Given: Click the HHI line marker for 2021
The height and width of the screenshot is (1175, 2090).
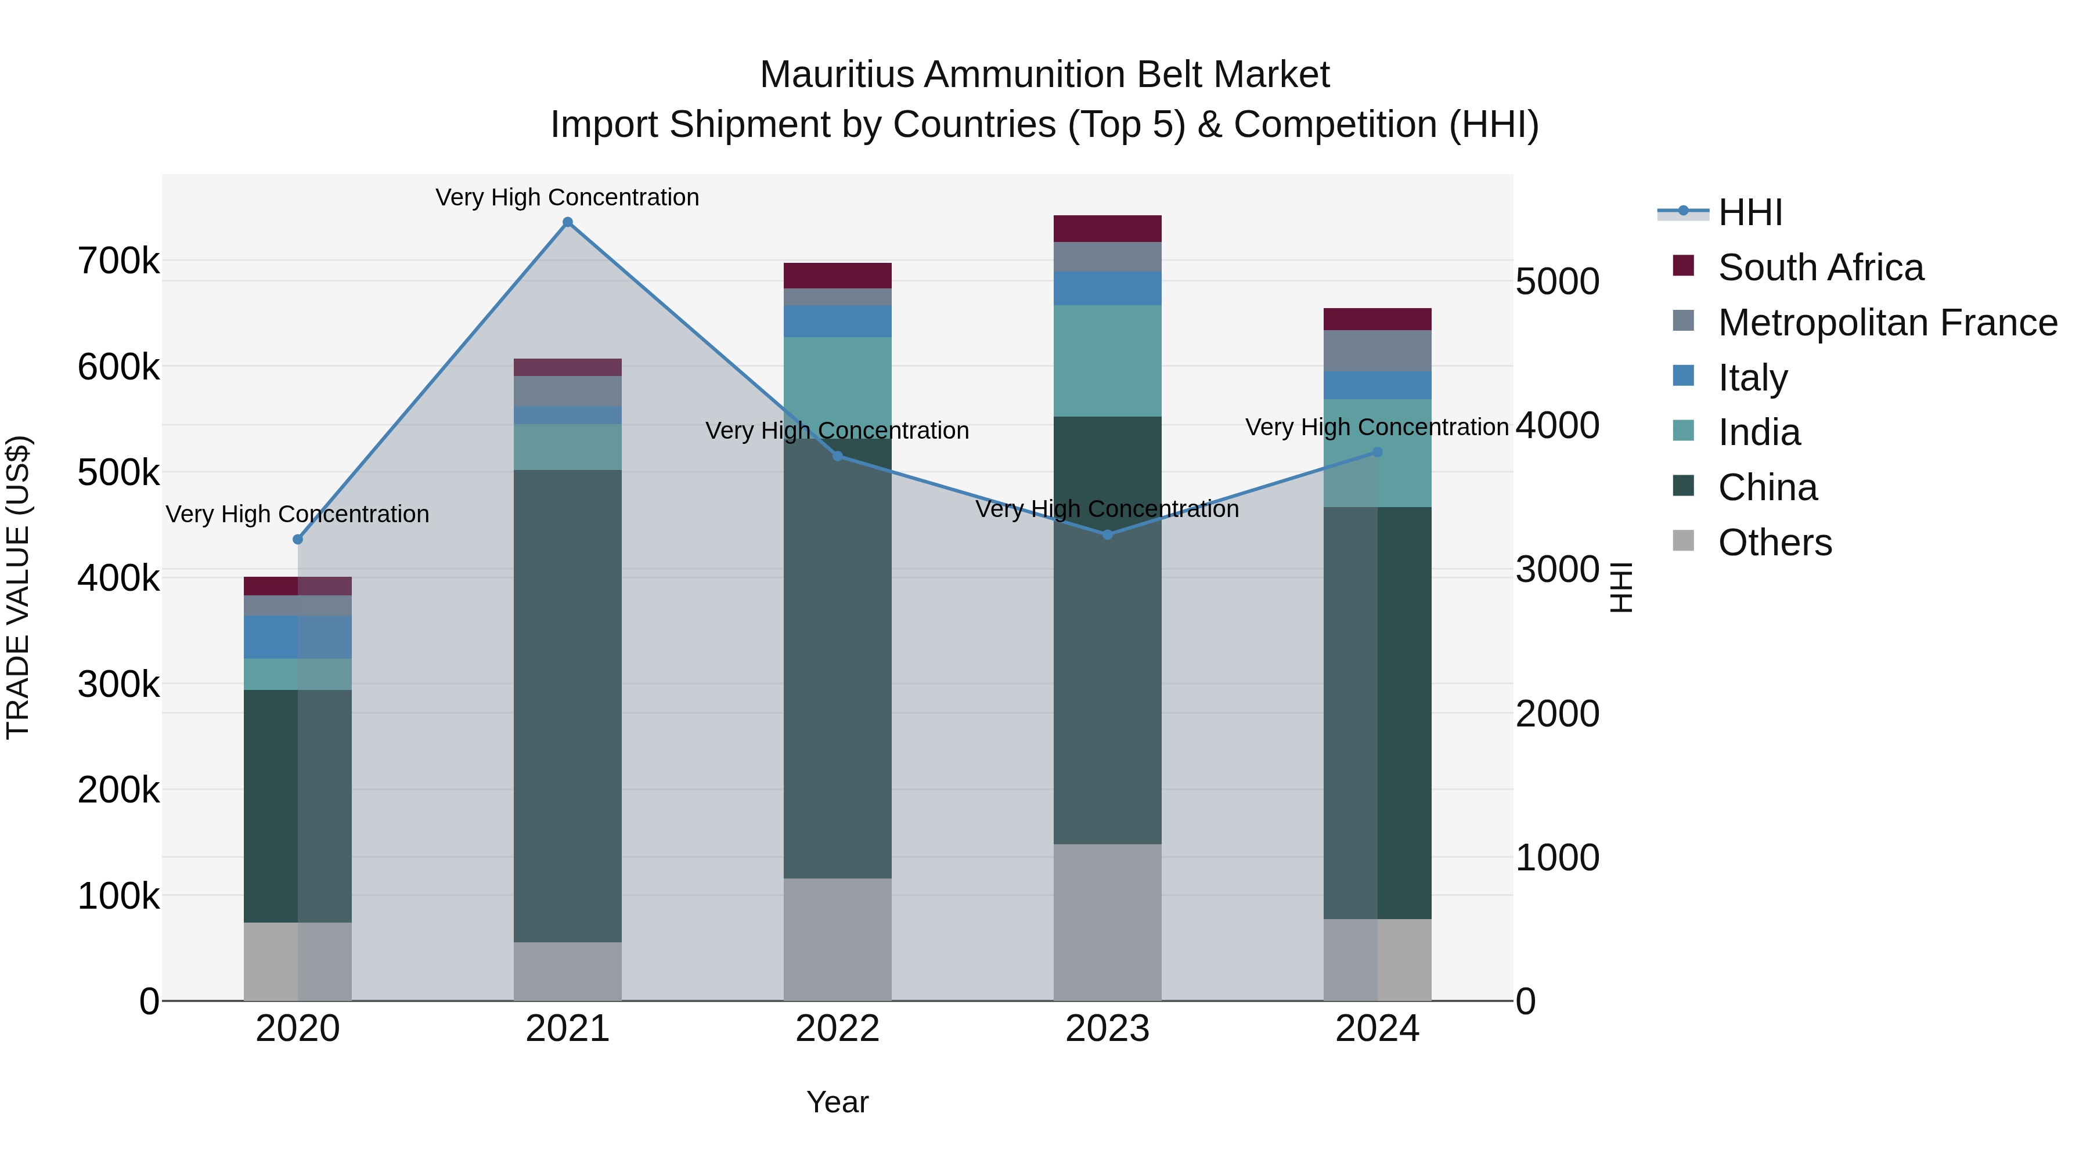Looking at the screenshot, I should [x=567, y=222].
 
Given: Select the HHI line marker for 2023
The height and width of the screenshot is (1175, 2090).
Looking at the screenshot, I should [x=1108, y=534].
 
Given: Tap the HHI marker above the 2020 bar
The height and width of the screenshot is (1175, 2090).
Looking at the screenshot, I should [x=298, y=539].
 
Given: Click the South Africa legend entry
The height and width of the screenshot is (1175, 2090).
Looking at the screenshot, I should [x=1820, y=267].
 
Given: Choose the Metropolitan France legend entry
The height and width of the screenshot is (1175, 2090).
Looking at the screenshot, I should [x=1887, y=323].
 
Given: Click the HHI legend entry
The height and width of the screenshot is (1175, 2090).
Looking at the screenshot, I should [x=1750, y=212].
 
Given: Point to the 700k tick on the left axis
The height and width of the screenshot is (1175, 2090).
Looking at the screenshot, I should [x=118, y=261].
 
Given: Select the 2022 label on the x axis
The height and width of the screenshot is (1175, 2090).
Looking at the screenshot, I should [x=837, y=1029].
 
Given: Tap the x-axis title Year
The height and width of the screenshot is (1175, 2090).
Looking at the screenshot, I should [x=837, y=1102].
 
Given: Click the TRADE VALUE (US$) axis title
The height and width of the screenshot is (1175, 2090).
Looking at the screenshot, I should [x=18, y=587].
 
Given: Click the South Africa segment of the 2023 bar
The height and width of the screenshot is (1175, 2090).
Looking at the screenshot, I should [x=1108, y=229].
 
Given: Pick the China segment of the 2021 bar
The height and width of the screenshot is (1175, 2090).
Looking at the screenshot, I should [x=567, y=706].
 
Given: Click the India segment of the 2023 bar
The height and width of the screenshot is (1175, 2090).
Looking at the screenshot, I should [x=1108, y=361].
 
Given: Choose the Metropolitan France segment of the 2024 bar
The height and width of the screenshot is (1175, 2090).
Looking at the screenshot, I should [x=1377, y=351].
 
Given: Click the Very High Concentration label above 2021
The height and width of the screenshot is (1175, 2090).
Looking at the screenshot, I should [x=567, y=197].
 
